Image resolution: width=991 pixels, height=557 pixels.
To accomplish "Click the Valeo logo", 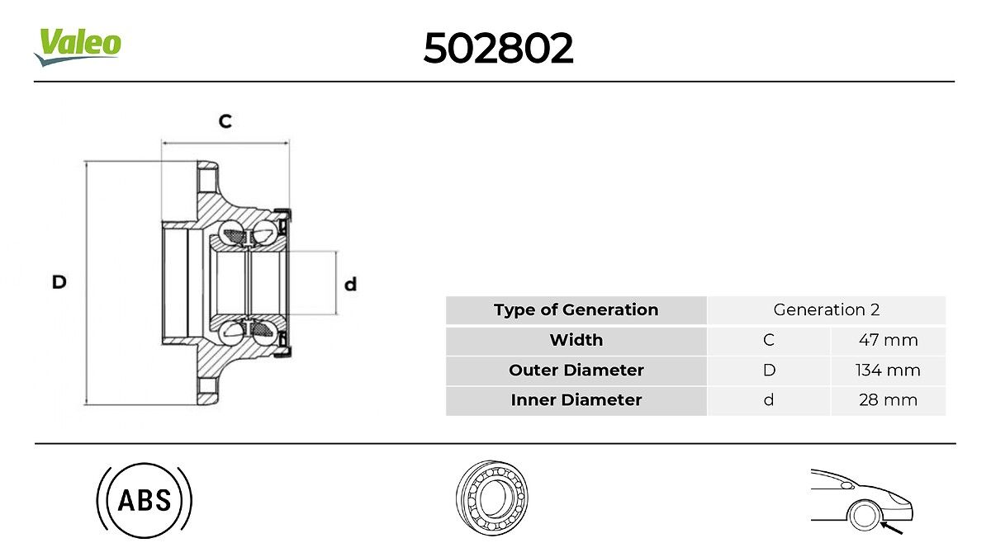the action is [78, 47].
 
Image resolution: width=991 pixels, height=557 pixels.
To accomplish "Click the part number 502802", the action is [498, 48].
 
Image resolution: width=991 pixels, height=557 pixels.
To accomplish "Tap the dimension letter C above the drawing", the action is [225, 120].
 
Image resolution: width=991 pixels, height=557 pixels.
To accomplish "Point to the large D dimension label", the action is [59, 282].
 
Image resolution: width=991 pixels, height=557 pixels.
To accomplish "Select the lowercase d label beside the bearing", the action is [350, 284].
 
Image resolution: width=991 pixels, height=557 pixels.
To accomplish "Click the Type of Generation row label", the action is [576, 310].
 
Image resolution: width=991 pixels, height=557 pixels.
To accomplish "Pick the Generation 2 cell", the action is [827, 310].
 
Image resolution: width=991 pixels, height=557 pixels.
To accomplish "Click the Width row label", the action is [576, 340].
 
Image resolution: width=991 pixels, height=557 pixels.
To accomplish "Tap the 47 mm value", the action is [889, 340].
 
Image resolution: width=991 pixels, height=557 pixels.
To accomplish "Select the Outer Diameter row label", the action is [576, 370].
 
